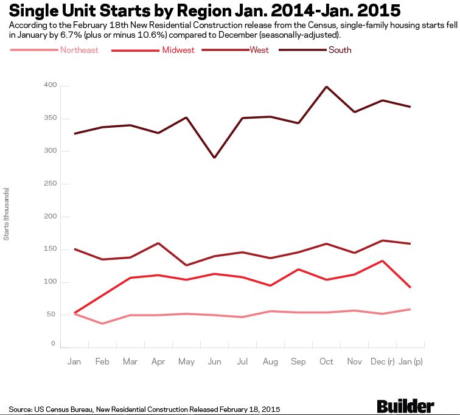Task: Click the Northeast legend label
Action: point(79,50)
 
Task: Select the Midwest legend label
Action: point(178,50)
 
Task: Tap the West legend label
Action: point(259,49)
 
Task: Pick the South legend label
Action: point(340,50)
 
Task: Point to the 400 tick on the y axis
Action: point(50,85)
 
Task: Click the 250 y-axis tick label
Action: point(50,184)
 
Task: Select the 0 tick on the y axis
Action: point(53,344)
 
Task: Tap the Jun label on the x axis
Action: point(214,361)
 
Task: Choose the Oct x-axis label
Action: point(326,361)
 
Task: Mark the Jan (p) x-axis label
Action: point(411,361)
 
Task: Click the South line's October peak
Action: point(327,86)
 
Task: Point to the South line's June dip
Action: point(215,158)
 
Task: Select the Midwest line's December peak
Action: point(383,261)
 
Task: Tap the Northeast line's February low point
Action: point(102,323)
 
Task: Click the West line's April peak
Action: point(158,243)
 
